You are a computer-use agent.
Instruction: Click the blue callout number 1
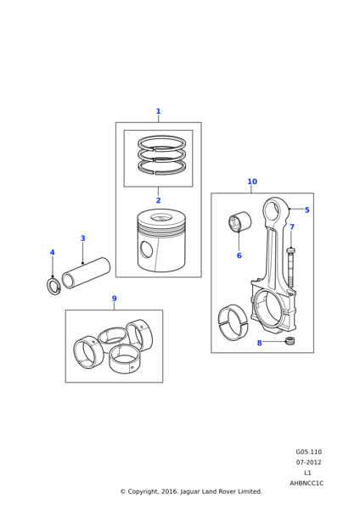pyautogui.click(x=158, y=111)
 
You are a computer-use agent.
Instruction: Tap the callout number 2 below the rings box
pyautogui.click(x=158, y=200)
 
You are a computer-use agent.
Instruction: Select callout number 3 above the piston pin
pyautogui.click(x=82, y=238)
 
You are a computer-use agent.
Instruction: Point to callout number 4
pyautogui.click(x=53, y=252)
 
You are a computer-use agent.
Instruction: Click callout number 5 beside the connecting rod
pyautogui.click(x=307, y=210)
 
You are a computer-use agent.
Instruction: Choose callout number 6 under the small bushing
pyautogui.click(x=239, y=255)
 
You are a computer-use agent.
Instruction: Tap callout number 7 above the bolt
pyautogui.click(x=292, y=227)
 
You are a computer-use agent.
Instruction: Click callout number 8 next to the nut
pyautogui.click(x=259, y=343)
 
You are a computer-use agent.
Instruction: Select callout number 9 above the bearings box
pyautogui.click(x=114, y=299)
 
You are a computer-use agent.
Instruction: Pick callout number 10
pyautogui.click(x=252, y=182)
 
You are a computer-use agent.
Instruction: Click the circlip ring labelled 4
pyautogui.click(x=53, y=286)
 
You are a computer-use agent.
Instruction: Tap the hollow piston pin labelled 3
pyautogui.click(x=86, y=273)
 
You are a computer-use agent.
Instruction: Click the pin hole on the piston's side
pyautogui.click(x=146, y=249)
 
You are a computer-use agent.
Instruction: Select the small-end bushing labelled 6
pyautogui.click(x=239, y=221)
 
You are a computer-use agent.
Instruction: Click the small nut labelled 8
pyautogui.click(x=288, y=341)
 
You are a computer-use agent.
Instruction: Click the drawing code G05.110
pyautogui.click(x=309, y=452)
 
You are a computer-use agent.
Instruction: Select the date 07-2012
pyautogui.click(x=308, y=462)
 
